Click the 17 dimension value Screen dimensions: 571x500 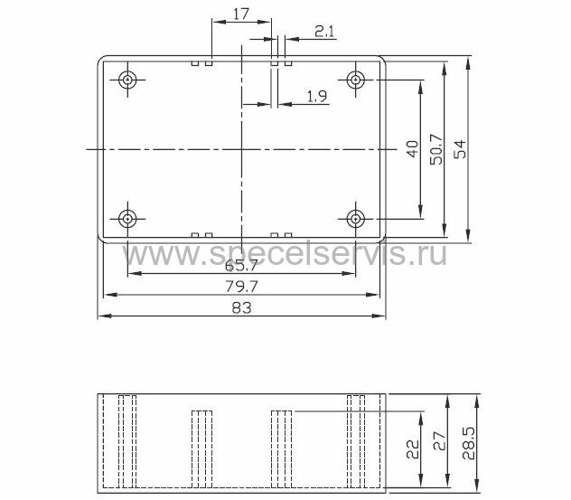tap(240, 14)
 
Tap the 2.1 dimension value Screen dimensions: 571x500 tap(324, 32)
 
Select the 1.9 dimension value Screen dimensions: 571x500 tap(317, 96)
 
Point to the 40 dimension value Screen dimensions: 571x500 tap(413, 148)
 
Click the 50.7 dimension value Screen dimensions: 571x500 tap(436, 148)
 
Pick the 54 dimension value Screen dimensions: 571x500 tap(460, 148)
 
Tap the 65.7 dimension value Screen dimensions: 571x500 tap(241, 266)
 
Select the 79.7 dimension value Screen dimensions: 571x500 tap(241, 287)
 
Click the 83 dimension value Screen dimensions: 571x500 tap(241, 308)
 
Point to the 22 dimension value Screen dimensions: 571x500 tap(413, 449)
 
